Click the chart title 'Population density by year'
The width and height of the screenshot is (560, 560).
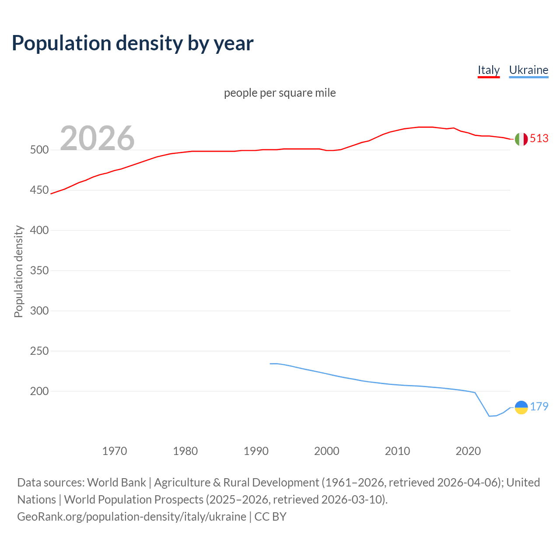[x=133, y=43]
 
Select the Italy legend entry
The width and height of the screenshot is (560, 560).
[x=488, y=70]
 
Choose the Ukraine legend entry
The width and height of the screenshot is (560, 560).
[x=528, y=70]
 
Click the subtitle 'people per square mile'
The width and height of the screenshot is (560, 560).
[x=280, y=93]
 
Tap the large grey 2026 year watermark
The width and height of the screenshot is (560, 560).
[x=97, y=138]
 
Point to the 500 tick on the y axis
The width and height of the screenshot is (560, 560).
[x=39, y=150]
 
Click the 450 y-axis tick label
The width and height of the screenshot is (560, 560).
[x=39, y=190]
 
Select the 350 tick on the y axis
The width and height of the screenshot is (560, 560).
[x=39, y=270]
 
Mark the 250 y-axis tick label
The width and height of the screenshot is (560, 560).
[x=39, y=351]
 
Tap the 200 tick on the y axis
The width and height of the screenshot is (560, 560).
[x=39, y=391]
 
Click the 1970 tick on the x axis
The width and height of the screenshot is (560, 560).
[x=115, y=451]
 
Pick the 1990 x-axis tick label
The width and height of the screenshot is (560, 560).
[x=256, y=451]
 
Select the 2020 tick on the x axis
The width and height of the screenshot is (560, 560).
[x=468, y=451]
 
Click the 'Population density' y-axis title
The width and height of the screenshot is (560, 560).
[x=18, y=271]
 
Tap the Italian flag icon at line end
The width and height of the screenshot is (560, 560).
[x=521, y=139]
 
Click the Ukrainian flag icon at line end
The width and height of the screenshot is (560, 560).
[x=521, y=407]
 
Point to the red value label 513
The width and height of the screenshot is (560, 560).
[x=539, y=138]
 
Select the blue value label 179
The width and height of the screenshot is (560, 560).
[x=539, y=406]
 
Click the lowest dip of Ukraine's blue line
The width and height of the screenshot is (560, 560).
[x=490, y=416]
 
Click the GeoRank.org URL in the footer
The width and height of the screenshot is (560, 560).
[x=132, y=516]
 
